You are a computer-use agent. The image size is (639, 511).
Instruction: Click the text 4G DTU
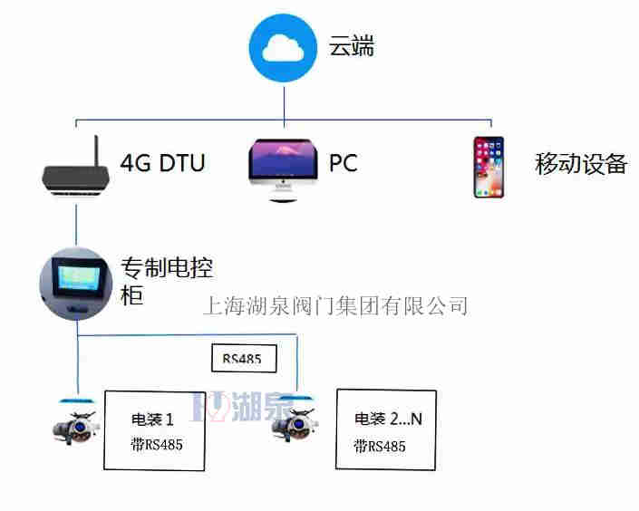[x=162, y=163]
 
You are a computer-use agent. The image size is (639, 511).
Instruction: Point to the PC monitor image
[x=284, y=169]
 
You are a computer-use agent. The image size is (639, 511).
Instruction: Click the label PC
[x=344, y=164]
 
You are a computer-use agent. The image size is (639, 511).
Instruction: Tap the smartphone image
[x=489, y=167]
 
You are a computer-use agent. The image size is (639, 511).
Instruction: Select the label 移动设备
[x=581, y=164]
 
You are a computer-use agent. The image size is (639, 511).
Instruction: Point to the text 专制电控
[x=167, y=268]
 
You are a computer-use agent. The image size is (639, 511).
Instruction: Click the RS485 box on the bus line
[x=243, y=358]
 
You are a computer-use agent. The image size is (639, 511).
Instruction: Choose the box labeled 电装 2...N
[x=386, y=429]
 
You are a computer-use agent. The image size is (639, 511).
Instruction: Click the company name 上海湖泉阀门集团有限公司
[x=334, y=306]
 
